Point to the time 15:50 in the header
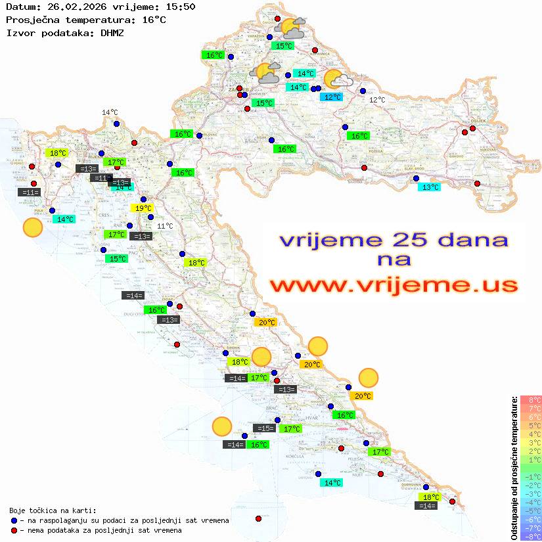[180, 7]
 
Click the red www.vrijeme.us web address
[394, 285]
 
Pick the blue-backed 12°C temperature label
[332, 97]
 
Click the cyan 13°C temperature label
[430, 187]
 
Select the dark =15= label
[265, 428]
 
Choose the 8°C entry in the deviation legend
[530, 400]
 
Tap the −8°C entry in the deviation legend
[530, 537]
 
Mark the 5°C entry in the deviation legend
[530, 426]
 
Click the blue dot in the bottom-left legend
[14, 520]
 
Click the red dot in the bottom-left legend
[14, 530]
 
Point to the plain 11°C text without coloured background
[165, 226]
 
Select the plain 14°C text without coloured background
[110, 112]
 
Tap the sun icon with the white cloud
[337, 80]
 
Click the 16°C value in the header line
[154, 20]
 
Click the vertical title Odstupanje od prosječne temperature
[514, 468]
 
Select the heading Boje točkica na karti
[53, 510]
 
